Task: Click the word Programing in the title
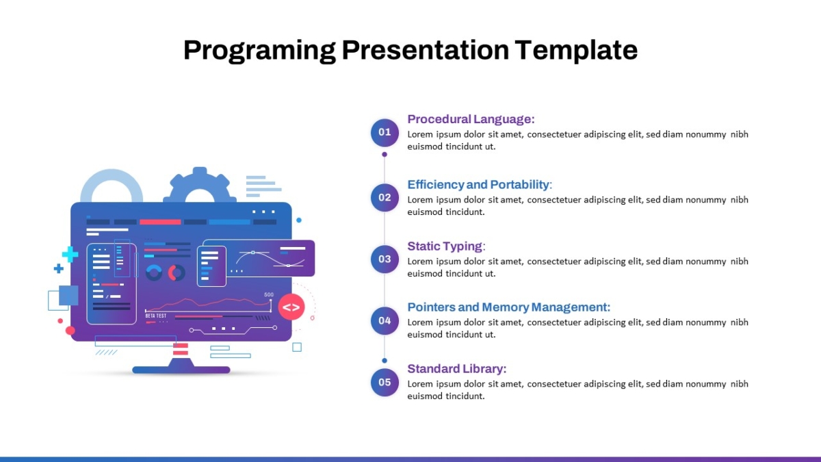point(259,51)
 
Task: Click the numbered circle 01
point(385,132)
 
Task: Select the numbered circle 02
point(385,198)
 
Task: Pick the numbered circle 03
point(385,259)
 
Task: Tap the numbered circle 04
point(385,321)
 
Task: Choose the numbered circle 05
point(385,383)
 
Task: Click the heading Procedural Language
point(471,119)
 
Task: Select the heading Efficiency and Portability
point(480,184)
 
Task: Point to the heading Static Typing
point(446,246)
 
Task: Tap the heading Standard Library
point(457,369)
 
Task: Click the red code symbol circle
point(291,307)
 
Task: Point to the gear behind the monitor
point(200,185)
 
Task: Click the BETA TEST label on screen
point(156,316)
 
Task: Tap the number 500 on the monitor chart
point(269,294)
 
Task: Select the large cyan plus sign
point(70,254)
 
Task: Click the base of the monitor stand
point(181,370)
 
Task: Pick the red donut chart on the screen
point(177,273)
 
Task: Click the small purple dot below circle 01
point(385,155)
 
